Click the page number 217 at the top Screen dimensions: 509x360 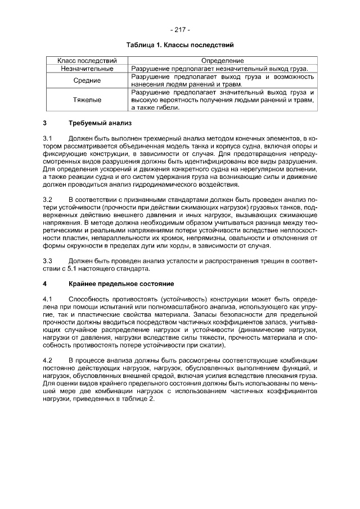(x=179, y=29)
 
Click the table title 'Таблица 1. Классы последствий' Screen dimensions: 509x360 (x=179, y=44)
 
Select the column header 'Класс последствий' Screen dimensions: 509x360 (x=87, y=60)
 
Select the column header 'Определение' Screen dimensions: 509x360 (x=221, y=60)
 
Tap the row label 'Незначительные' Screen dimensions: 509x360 (x=87, y=68)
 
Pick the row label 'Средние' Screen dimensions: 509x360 (x=87, y=80)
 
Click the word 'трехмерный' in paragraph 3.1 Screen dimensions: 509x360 (x=160, y=138)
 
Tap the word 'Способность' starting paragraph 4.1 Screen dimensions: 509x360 (x=89, y=298)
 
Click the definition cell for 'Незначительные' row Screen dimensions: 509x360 (x=221, y=68)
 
